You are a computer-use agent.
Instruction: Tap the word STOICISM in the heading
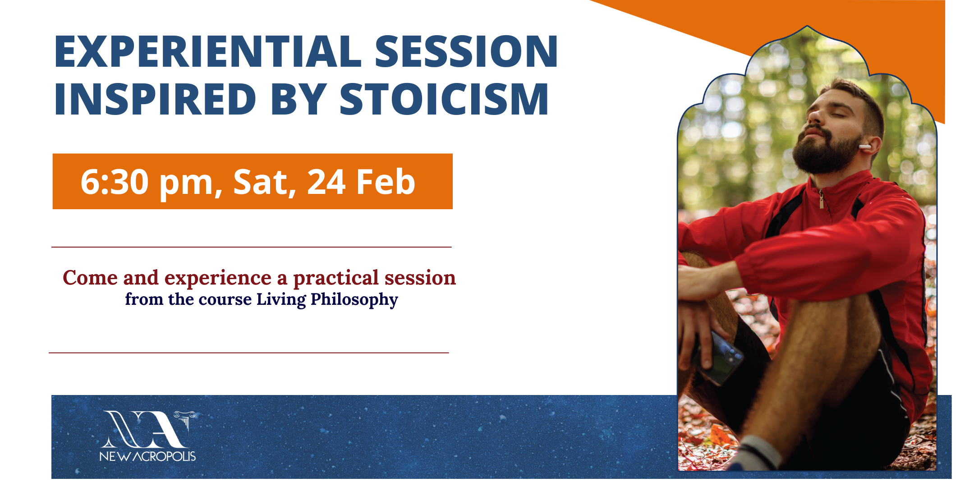click(x=444, y=99)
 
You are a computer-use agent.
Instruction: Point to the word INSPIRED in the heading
click(x=155, y=99)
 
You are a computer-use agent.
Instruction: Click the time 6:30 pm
click(x=147, y=182)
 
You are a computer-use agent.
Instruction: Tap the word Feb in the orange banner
click(x=386, y=182)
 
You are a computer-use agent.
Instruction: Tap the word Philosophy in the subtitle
click(x=354, y=300)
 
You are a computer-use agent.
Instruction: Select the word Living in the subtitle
click(x=281, y=300)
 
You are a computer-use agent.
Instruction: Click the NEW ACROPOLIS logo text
click(x=147, y=456)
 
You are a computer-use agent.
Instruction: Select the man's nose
click(x=814, y=115)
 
